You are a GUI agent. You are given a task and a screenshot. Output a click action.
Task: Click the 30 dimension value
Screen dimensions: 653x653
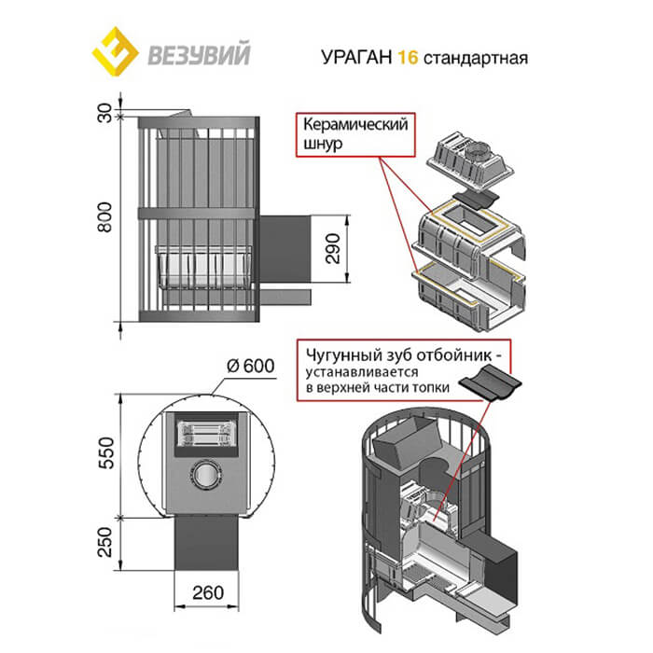click(104, 114)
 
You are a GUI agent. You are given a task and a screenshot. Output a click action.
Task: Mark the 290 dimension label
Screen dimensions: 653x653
click(334, 245)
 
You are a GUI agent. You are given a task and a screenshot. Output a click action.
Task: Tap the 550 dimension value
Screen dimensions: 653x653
click(104, 452)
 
